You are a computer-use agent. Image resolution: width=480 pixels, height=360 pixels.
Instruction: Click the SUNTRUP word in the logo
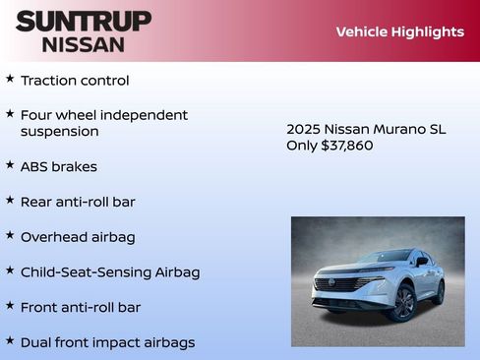pyautogui.click(x=84, y=21)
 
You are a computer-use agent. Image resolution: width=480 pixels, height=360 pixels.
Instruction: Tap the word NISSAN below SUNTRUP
pyautogui.click(x=84, y=44)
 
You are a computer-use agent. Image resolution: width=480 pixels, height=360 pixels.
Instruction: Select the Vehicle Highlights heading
pyautogui.click(x=399, y=31)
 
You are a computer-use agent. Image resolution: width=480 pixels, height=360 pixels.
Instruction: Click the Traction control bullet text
pyautogui.click(x=75, y=81)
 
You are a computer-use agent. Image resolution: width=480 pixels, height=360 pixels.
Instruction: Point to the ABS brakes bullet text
pyautogui.click(x=59, y=166)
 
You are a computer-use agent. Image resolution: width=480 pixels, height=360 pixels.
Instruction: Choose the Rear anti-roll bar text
pyautogui.click(x=78, y=202)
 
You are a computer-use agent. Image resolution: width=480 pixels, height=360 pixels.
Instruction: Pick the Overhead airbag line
pyautogui.click(x=78, y=237)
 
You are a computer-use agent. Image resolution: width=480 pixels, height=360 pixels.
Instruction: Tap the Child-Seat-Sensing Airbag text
pyautogui.click(x=110, y=271)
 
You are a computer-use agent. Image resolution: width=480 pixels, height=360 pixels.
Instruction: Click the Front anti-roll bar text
pyautogui.click(x=81, y=307)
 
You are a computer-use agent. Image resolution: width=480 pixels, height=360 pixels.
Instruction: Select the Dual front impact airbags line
pyautogui.click(x=107, y=342)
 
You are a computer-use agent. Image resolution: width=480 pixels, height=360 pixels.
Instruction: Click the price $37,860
pyautogui.click(x=347, y=146)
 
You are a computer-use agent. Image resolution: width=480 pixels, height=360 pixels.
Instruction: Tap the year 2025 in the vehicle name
pyautogui.click(x=304, y=129)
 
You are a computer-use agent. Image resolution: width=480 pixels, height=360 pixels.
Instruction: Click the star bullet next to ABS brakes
pyautogui.click(x=10, y=164)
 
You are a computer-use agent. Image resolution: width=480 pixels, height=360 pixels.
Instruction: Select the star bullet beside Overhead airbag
pyautogui.click(x=10, y=235)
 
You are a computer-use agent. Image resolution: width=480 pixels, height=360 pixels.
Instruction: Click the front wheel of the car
pyautogui.click(x=402, y=303)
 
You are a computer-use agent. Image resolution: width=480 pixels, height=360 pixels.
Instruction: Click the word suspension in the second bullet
pyautogui.click(x=59, y=131)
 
